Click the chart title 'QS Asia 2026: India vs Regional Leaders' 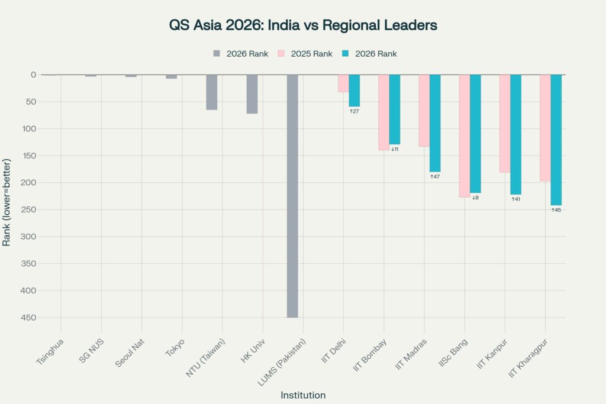(302, 26)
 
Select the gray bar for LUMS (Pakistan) (292, 195)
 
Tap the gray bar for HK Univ (252, 94)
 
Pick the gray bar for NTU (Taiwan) (212, 92)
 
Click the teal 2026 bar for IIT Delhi (354, 91)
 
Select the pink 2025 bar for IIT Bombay (383, 112)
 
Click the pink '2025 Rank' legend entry (305, 54)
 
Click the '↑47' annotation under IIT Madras (435, 177)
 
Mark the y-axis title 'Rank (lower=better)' (7, 202)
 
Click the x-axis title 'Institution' (302, 395)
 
